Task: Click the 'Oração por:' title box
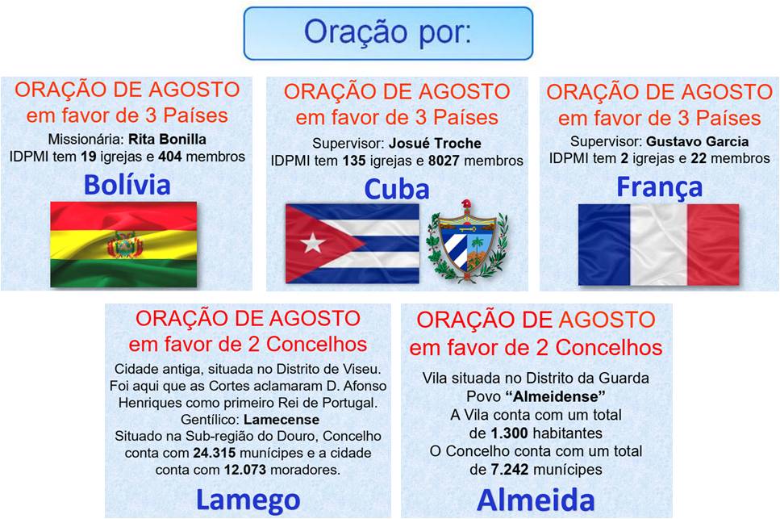(x=388, y=33)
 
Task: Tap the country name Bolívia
(x=127, y=185)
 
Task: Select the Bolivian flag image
(x=123, y=244)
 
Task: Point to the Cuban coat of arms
(x=466, y=241)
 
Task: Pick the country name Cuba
(x=397, y=189)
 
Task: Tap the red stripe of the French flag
(x=713, y=245)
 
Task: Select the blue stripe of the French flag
(x=604, y=245)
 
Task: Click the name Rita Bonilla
(x=167, y=139)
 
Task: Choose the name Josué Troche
(x=435, y=144)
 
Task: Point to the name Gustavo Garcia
(x=697, y=142)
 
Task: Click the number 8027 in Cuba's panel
(x=444, y=161)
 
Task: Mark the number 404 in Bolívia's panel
(x=170, y=157)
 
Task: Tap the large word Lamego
(x=248, y=500)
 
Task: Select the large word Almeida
(x=536, y=500)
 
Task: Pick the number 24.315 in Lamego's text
(x=214, y=454)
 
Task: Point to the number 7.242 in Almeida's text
(x=510, y=469)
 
